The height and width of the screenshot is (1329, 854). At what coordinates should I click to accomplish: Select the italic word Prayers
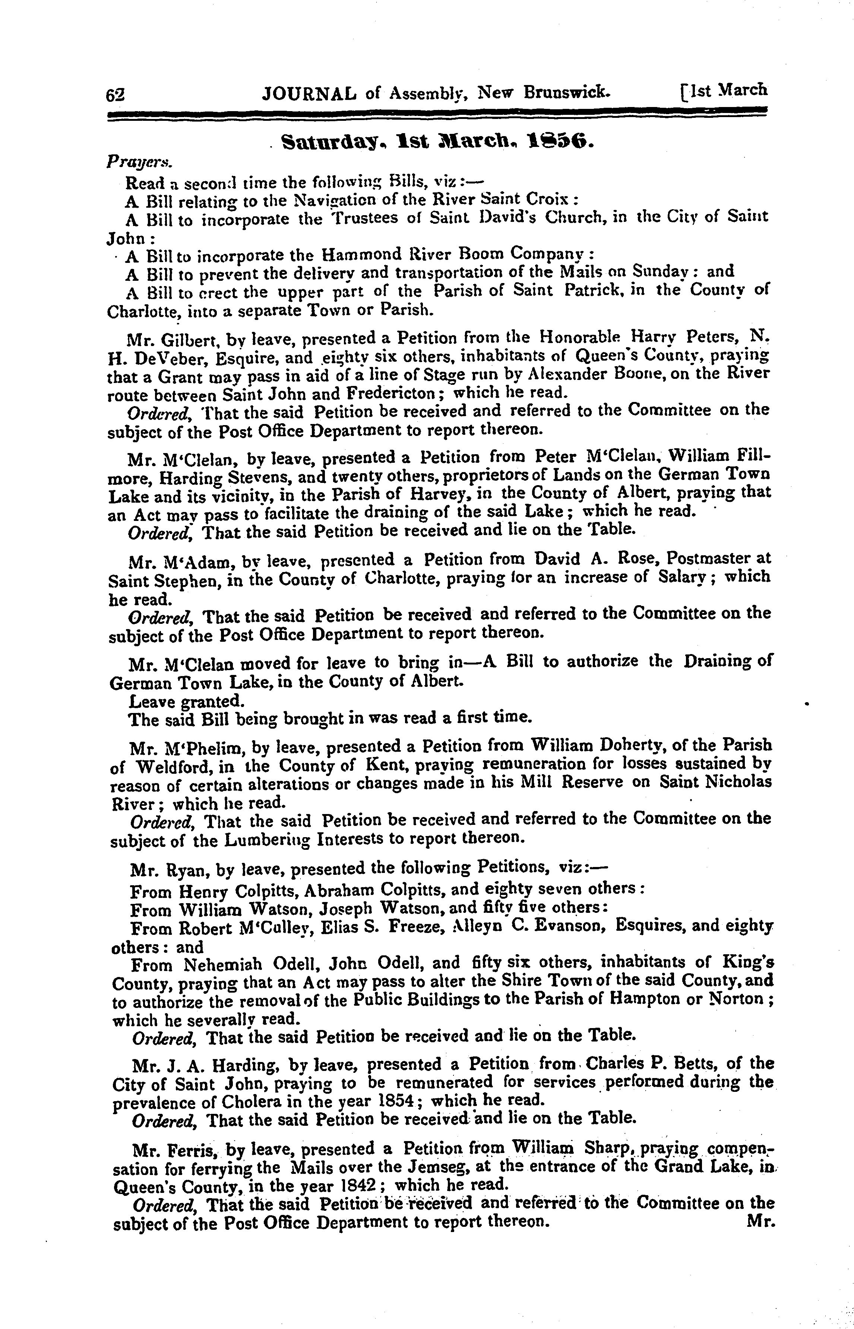click(139, 163)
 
